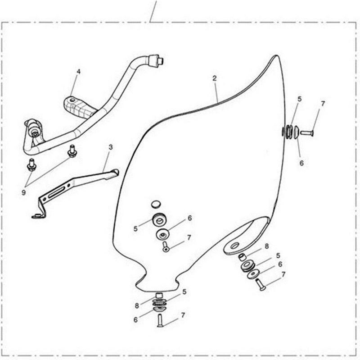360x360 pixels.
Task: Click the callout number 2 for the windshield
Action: click(x=215, y=78)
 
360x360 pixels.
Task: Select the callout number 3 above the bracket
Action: click(x=110, y=146)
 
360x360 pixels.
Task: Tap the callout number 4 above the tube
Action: click(x=78, y=72)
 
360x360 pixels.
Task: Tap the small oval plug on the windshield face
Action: click(x=156, y=204)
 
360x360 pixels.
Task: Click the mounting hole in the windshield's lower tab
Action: click(x=234, y=245)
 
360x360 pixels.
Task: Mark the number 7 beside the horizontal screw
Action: click(x=322, y=104)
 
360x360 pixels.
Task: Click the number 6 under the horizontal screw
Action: click(x=301, y=163)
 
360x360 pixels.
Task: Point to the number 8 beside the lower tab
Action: click(x=266, y=246)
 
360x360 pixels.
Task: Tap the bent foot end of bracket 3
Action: click(x=36, y=215)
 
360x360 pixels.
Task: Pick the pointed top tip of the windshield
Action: click(x=276, y=56)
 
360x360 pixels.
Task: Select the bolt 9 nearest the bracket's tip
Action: click(x=71, y=151)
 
